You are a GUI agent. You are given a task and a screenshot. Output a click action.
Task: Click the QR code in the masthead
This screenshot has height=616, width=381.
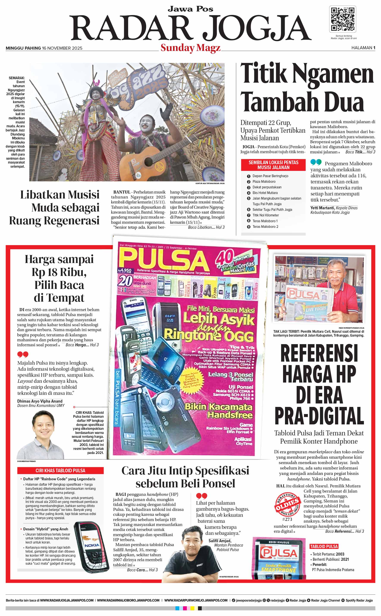click(342, 19)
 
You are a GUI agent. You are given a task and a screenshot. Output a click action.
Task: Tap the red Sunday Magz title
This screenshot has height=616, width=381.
click(190, 48)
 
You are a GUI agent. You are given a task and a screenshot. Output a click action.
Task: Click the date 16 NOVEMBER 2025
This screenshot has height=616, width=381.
click(62, 48)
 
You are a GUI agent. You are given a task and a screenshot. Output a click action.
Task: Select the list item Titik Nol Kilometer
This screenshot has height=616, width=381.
click(266, 215)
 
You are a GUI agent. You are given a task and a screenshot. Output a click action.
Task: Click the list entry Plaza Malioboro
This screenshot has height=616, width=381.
click(264, 181)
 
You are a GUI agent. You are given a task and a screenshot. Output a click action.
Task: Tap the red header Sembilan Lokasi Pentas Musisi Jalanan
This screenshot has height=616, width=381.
click(273, 165)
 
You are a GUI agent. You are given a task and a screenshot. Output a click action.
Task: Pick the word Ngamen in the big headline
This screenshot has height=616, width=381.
click(333, 74)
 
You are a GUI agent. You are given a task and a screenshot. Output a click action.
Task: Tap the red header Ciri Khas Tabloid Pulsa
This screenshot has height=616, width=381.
click(60, 470)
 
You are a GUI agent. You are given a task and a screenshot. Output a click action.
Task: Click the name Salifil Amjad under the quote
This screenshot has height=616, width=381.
click(220, 541)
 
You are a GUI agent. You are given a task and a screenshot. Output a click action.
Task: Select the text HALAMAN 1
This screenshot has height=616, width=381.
click(363, 48)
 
